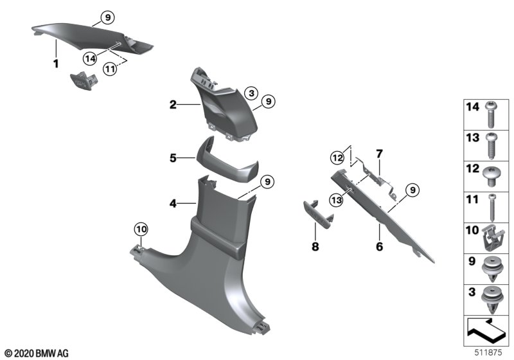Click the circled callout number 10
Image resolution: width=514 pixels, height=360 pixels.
(141, 228)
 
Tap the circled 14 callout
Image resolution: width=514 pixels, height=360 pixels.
(90, 58)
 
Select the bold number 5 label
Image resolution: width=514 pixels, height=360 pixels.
(173, 157)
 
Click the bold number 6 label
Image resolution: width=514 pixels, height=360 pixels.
(380, 246)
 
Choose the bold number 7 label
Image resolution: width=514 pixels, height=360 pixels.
(379, 154)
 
